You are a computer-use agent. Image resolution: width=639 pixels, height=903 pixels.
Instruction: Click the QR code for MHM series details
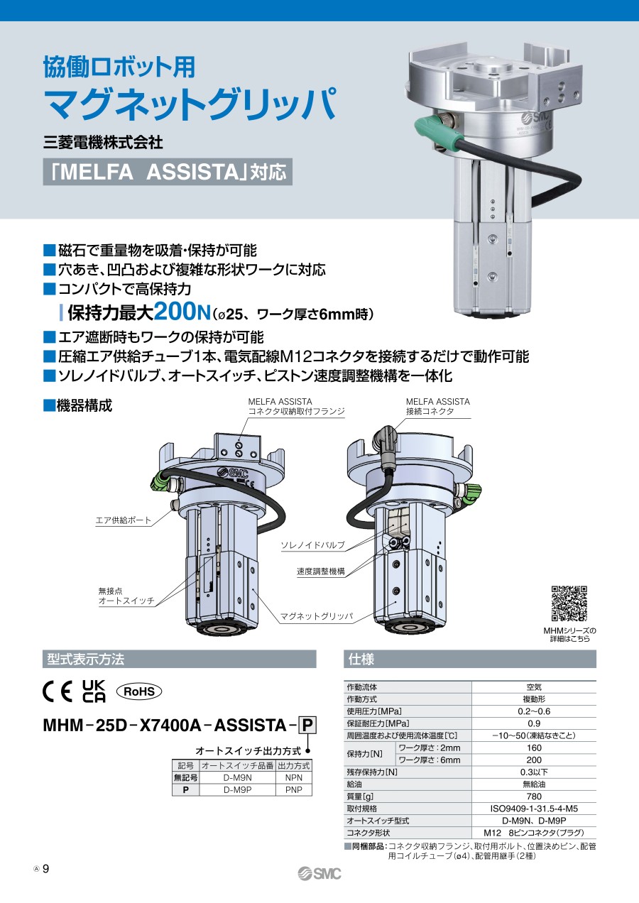coord(569,603)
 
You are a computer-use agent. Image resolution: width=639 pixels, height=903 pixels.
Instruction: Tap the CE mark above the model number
coord(58,691)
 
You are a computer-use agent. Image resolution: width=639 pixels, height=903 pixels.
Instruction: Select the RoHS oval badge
coord(139,691)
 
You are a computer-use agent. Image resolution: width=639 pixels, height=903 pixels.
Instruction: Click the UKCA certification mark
coord(94,691)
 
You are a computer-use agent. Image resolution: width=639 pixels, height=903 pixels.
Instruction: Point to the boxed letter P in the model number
coord(307,726)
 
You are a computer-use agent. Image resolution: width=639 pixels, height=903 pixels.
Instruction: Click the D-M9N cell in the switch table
coord(237,777)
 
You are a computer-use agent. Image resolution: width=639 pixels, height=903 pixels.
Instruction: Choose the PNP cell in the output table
coord(293,790)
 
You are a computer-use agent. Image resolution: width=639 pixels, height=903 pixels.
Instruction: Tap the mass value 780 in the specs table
coord(534,797)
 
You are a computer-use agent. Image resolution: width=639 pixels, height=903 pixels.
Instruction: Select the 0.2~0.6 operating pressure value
coord(534,711)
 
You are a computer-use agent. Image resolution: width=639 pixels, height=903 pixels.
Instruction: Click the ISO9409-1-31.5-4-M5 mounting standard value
coord(534,809)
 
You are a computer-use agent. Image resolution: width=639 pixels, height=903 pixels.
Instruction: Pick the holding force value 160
coord(534,748)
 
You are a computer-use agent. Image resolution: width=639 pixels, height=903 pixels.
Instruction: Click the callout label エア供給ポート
coord(124,520)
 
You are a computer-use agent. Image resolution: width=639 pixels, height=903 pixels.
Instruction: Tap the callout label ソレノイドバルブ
coord(313,545)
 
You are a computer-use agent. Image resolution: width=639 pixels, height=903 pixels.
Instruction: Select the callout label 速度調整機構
coord(321,571)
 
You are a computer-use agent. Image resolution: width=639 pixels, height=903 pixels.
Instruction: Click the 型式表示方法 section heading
coord(85,659)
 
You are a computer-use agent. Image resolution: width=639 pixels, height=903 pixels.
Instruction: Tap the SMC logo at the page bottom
coord(319,874)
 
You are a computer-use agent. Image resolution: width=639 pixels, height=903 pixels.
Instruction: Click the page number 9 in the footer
coord(46,869)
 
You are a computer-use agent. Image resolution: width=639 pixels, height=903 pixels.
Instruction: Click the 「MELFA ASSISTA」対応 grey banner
coord(168,172)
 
